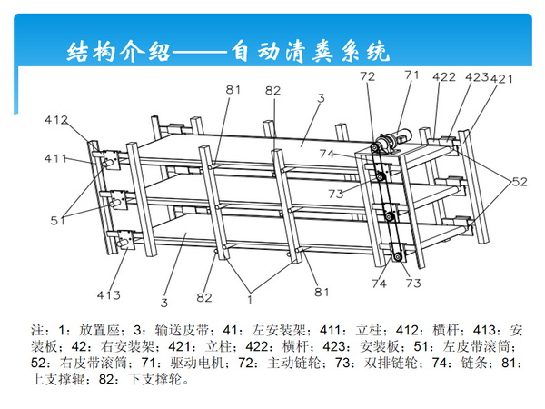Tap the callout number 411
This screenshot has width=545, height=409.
coord(55,158)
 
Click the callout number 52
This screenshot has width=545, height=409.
coord(517,182)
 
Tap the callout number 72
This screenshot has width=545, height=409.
coord(367,78)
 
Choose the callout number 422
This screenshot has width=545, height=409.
coord(443,78)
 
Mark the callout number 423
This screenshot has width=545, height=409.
coord(477,78)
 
